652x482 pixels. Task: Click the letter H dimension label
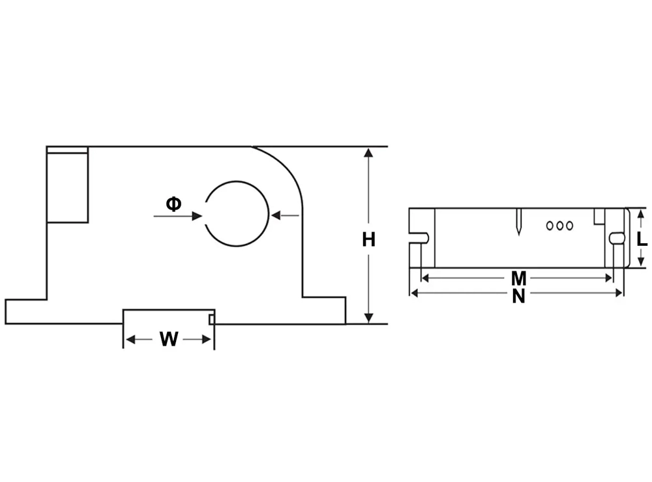pos(369,240)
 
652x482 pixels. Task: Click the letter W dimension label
pos(169,339)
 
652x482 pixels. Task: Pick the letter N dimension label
pos(518,296)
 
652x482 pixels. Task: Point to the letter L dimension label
pos(642,239)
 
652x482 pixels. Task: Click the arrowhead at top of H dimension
pos(369,153)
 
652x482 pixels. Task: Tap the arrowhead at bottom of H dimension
pos(369,318)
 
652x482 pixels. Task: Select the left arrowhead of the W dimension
pos(129,339)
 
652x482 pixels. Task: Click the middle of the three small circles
pos(559,226)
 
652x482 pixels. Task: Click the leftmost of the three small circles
pos(550,226)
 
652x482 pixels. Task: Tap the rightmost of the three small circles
pos(569,226)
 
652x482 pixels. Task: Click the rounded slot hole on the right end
pos(614,238)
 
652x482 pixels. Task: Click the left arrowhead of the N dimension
pos(414,293)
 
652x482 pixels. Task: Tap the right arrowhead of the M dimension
pos(610,278)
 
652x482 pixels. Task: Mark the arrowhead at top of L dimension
pos(641,213)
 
